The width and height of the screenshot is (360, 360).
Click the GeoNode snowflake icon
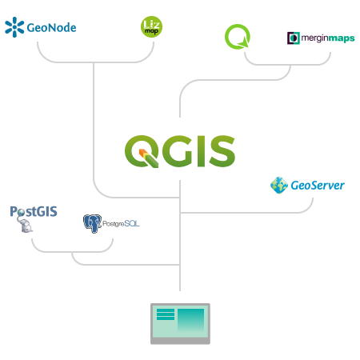coord(14,27)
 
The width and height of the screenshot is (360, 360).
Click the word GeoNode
coord(51,28)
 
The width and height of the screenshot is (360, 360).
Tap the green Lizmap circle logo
coord(151,26)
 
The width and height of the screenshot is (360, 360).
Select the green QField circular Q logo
coord(238,37)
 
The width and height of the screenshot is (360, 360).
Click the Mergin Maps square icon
coord(294,38)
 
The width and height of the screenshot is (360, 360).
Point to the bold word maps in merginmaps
coord(342,38)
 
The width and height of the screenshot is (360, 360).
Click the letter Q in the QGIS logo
coord(142,151)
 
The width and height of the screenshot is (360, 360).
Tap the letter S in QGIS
coord(222,151)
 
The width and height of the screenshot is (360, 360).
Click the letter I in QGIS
coord(201,151)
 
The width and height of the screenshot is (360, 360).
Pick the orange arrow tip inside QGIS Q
coord(142,153)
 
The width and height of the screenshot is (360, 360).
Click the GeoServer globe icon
coord(279,185)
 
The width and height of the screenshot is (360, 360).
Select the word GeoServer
coord(318,186)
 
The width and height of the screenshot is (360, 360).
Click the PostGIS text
coord(34,211)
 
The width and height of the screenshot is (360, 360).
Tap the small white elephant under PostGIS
coord(25,225)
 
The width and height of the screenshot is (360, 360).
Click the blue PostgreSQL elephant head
coord(92,223)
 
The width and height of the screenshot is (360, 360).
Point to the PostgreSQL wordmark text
coord(121,223)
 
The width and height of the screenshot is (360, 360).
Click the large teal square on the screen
coord(191,321)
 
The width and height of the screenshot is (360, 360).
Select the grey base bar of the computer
coord(180,341)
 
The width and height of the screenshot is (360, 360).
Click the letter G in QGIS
coord(177,151)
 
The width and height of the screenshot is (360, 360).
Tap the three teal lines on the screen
coord(166,314)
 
